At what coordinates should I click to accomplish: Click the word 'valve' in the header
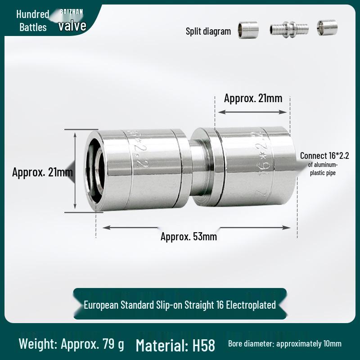point(72,26)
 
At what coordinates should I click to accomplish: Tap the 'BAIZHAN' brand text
point(71,11)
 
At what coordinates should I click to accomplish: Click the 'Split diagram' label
point(208,31)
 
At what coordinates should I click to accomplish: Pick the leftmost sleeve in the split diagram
point(248,29)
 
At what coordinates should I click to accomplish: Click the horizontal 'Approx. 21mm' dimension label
point(253,98)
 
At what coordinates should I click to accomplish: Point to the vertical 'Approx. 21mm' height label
point(42,172)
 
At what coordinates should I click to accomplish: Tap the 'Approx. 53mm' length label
point(189,236)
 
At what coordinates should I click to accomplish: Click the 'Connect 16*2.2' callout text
point(324,156)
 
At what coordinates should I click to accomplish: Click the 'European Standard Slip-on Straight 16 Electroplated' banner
point(180,305)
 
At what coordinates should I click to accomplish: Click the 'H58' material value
point(203,345)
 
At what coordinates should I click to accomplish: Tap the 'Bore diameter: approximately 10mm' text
point(284,344)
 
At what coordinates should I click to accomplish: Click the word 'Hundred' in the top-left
point(32,14)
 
